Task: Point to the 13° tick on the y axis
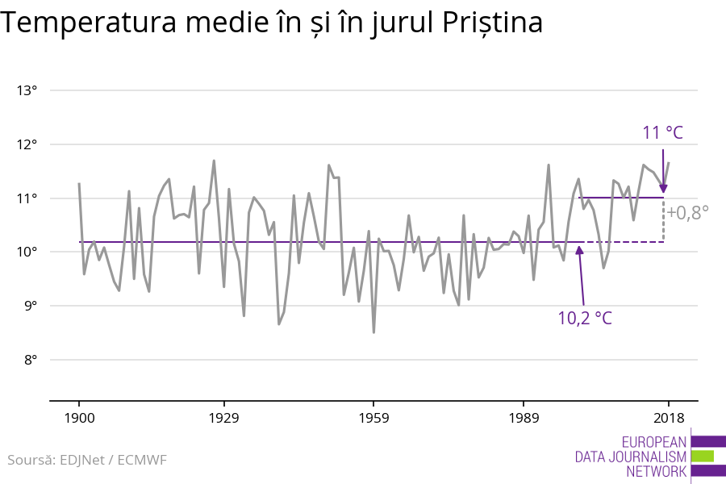point(27,90)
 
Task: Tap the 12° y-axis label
point(27,144)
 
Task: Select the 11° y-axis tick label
point(27,198)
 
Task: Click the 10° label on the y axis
point(27,252)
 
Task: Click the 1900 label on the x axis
point(79,418)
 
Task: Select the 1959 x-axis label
point(373,418)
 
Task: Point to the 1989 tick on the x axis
point(524,418)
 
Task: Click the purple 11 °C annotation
point(662,133)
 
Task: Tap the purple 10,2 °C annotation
point(585,318)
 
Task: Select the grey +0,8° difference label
point(687,213)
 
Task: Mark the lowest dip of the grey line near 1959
point(373,332)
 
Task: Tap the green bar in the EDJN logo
point(703,456)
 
